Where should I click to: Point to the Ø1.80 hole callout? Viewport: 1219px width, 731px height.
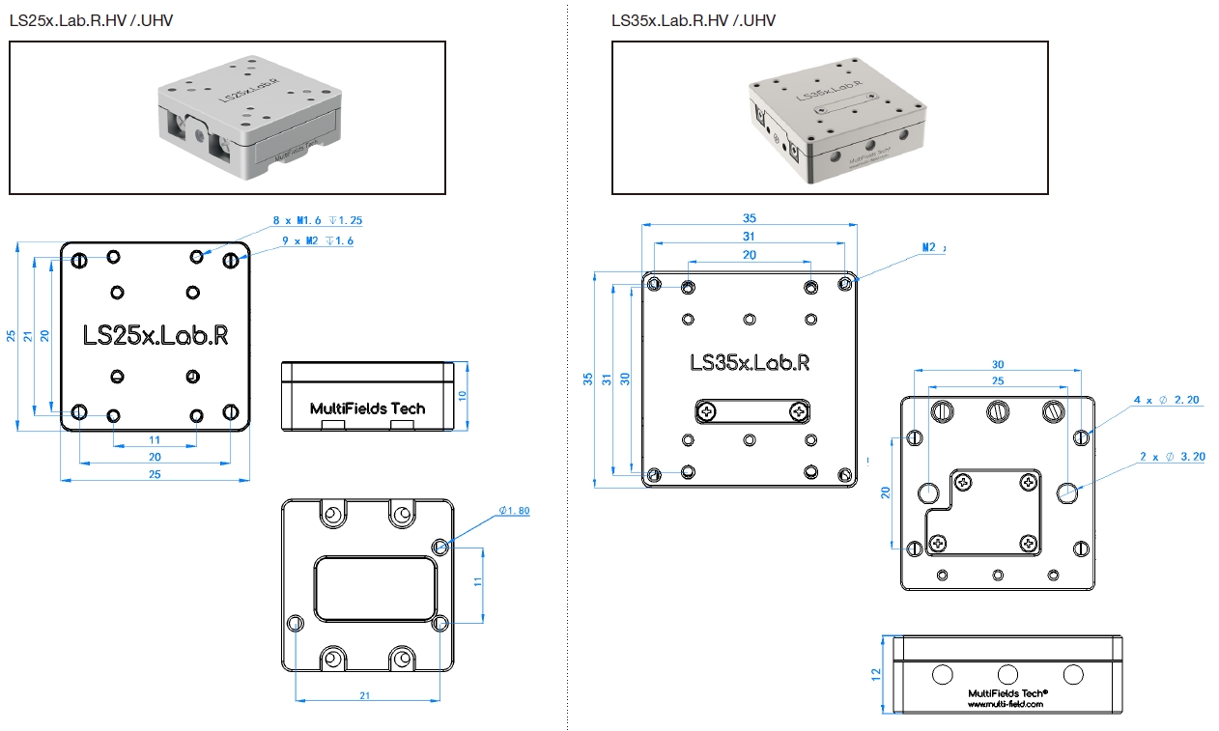pyautogui.click(x=514, y=511)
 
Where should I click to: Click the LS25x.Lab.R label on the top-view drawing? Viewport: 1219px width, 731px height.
pyautogui.click(x=156, y=335)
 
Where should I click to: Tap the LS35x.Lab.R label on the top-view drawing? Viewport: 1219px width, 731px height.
pyautogui.click(x=749, y=363)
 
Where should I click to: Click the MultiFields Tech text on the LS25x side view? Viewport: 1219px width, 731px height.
pyautogui.click(x=367, y=408)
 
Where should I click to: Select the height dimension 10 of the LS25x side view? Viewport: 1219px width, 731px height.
pyautogui.click(x=463, y=395)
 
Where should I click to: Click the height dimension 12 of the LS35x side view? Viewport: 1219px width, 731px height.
pyautogui.click(x=877, y=675)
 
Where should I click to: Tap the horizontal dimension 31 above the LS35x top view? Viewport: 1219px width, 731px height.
pyautogui.click(x=749, y=236)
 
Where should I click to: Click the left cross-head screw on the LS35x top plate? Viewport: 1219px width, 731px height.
pyautogui.click(x=708, y=412)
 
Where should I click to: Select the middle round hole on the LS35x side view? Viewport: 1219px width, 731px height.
pyautogui.click(x=1007, y=674)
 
